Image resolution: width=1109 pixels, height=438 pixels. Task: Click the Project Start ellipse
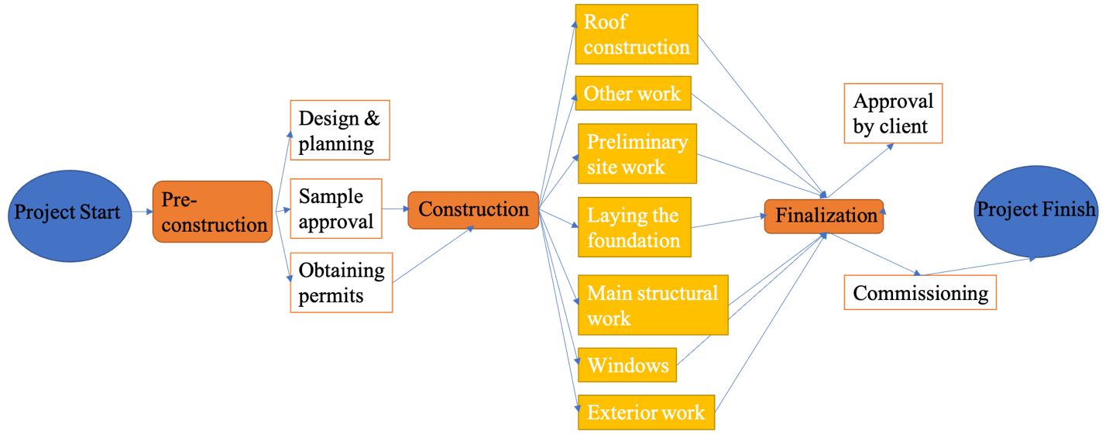coord(67,212)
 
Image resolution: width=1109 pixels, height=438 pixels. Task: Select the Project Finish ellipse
coord(1035,211)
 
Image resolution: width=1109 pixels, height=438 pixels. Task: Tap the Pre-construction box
coord(213,212)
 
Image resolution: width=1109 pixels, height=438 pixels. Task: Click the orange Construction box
coord(473,209)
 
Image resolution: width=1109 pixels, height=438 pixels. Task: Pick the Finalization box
coord(824,216)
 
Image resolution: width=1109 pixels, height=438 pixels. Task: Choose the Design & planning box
coord(339,130)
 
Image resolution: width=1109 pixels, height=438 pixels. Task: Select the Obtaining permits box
coord(341,282)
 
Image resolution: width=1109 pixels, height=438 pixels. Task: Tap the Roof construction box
coord(636,34)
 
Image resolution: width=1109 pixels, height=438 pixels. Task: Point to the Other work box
coord(633,94)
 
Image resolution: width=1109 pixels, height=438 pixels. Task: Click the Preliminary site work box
coord(637,154)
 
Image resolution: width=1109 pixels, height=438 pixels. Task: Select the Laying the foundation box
coord(633,227)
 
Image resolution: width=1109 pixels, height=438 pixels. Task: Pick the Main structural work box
coord(652,305)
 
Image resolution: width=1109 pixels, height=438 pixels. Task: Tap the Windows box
coord(627,365)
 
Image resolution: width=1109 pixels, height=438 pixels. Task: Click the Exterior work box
coord(645,412)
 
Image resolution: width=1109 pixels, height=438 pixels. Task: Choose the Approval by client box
coord(892,114)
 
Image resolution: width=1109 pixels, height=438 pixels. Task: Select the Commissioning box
coord(920,293)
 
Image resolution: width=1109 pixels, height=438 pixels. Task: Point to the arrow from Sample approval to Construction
coord(396,209)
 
